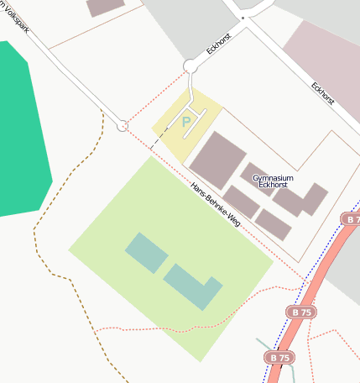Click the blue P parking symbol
[186, 123]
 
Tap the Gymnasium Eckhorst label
[273, 182]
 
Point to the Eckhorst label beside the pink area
[322, 92]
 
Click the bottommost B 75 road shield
[280, 358]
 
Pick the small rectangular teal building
[146, 253]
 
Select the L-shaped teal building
[191, 286]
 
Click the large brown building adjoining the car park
[217, 160]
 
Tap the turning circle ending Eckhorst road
[190, 66]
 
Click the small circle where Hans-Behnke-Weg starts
[123, 125]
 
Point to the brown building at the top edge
[106, 7]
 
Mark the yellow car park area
[172, 134]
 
